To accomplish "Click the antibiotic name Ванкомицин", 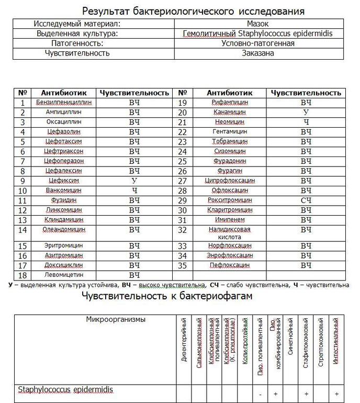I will pos(64,191).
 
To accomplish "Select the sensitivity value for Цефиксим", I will pos(134,181).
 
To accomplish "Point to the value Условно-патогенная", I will pos(257,43).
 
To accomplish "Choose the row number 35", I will pos(183,265).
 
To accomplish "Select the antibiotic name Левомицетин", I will pos(64,275).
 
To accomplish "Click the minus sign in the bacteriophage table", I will pos(260,394).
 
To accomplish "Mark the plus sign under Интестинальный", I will pos(336,394).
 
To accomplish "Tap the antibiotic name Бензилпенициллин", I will pos(64,103).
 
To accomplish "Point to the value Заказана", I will pos(257,53).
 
